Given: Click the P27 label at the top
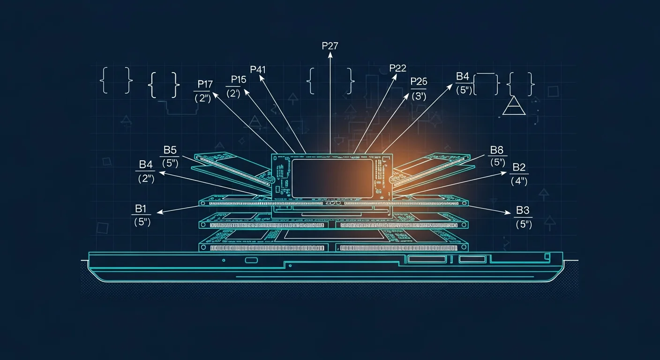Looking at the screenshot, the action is [330, 46].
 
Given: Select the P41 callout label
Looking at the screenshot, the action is [258, 69].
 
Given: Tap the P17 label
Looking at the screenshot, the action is [205, 84].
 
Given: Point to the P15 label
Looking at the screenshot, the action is [239, 80].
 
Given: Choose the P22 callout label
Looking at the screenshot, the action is [398, 68].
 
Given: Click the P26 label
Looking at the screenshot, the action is [419, 81].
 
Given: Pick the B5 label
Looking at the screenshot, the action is [170, 150].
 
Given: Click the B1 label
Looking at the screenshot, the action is [141, 209].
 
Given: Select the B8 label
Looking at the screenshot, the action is [497, 150].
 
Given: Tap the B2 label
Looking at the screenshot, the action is [519, 167].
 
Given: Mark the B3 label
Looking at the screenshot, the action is [523, 210].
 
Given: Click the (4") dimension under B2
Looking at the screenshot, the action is [519, 181].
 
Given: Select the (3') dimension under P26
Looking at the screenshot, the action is [419, 96].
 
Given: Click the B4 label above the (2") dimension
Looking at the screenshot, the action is [146, 165].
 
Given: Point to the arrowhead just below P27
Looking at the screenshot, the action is [330, 55].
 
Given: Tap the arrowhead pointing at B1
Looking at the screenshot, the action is [160, 212].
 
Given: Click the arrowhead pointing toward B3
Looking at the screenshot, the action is [507, 212].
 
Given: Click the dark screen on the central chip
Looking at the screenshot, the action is [332, 179].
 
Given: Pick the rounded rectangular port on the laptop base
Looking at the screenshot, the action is [251, 260].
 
